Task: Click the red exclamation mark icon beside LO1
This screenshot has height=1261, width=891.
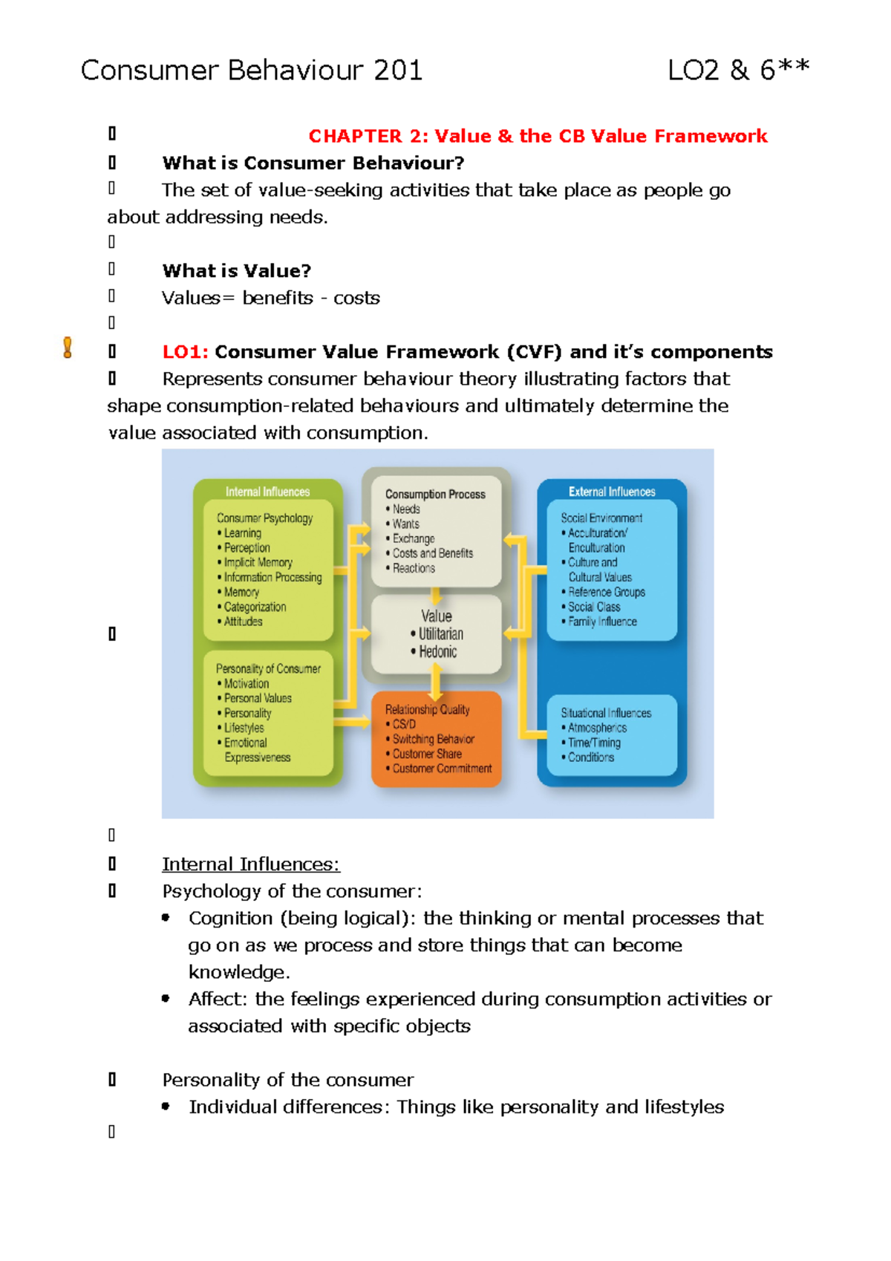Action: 68,348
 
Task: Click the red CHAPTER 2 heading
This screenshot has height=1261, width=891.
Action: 538,136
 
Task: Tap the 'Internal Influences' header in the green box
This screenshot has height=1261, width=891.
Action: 267,492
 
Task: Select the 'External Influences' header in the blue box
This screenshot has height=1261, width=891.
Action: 612,492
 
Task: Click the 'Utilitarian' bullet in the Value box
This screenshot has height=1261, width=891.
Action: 440,634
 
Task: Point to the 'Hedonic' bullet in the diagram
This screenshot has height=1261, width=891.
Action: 437,652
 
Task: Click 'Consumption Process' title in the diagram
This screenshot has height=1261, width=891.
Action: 435,494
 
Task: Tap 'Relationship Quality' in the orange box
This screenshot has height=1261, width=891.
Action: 427,709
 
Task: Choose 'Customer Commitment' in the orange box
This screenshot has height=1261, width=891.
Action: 442,769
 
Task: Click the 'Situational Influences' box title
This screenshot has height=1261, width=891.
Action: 606,713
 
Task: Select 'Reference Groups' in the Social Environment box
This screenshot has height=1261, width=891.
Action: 606,592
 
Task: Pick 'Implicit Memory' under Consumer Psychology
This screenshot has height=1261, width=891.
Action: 258,562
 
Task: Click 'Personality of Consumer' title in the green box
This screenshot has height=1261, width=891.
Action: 268,668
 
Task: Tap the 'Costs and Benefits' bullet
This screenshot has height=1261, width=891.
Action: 432,553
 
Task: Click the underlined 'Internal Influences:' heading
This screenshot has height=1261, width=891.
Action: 251,864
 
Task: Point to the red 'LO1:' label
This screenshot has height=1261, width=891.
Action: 185,352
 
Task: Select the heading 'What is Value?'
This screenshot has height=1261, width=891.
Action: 237,271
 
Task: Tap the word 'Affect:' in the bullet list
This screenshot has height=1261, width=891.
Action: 218,1000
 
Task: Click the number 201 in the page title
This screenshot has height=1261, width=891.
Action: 398,71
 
